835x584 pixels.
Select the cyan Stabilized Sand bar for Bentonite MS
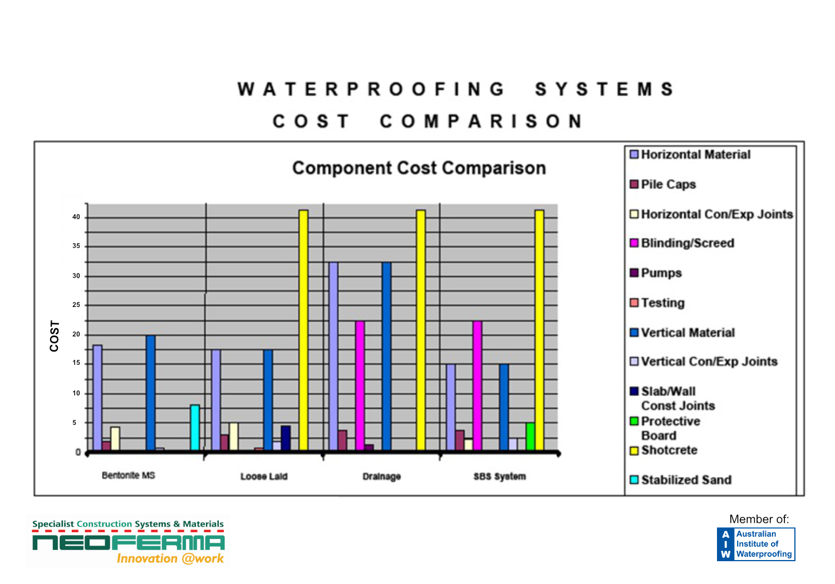(195, 427)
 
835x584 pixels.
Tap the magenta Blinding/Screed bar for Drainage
(360, 385)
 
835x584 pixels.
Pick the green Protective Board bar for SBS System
(531, 436)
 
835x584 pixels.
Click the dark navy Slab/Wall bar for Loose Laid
(286, 438)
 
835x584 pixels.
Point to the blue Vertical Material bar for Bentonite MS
(151, 393)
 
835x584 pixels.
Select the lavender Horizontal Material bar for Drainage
(333, 356)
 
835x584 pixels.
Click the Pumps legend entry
(661, 273)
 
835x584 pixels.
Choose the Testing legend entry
(662, 303)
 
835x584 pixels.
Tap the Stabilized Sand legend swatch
(634, 479)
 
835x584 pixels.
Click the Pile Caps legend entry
(668, 184)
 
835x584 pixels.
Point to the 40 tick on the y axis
(76, 217)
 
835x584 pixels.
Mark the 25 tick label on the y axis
(76, 305)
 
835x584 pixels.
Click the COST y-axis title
(54, 336)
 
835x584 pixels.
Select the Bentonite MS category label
(129, 476)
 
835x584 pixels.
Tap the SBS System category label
(500, 476)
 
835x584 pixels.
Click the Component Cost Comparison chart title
(419, 168)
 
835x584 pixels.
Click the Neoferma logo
(129, 542)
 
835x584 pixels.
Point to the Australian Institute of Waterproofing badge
(756, 544)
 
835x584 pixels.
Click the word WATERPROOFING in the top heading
(371, 90)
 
